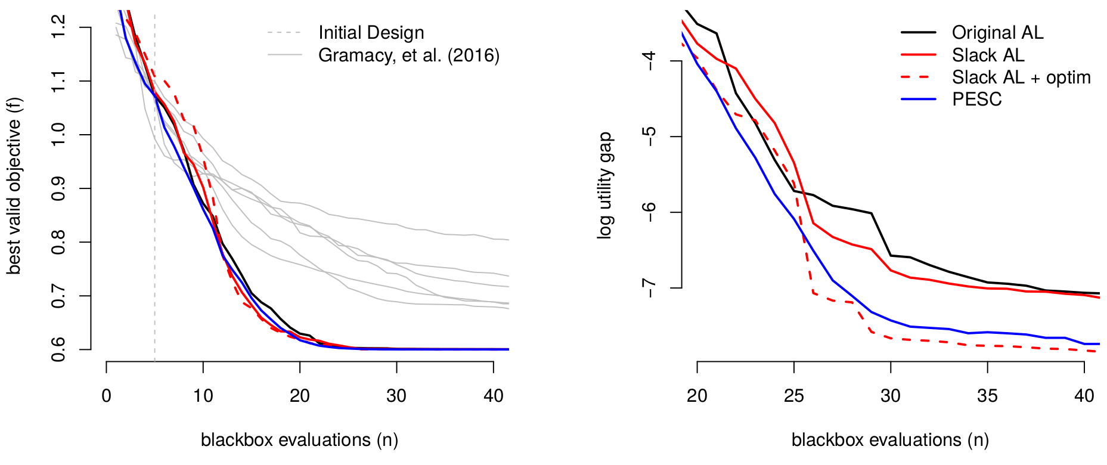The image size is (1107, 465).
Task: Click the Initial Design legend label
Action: (x=371, y=33)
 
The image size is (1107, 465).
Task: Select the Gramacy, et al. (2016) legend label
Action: (x=409, y=55)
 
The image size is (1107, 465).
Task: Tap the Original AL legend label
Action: (x=997, y=33)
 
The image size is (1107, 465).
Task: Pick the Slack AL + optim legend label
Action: (x=1021, y=77)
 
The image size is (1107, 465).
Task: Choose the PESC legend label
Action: (x=976, y=100)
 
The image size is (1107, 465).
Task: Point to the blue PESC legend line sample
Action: (x=919, y=100)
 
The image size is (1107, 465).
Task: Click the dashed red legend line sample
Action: (x=919, y=77)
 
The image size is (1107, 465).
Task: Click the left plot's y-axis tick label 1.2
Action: (x=58, y=27)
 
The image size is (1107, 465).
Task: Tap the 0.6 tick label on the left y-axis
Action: (x=58, y=349)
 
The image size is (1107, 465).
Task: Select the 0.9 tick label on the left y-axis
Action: (x=58, y=188)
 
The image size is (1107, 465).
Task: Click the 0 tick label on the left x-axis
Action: (x=106, y=396)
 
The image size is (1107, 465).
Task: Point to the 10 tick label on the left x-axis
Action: (x=203, y=396)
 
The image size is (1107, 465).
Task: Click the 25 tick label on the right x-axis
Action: (x=794, y=396)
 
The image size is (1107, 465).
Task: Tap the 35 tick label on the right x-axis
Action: (x=987, y=396)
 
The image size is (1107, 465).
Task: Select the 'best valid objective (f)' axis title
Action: (x=14, y=185)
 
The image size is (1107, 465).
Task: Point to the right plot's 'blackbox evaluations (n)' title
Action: (x=890, y=440)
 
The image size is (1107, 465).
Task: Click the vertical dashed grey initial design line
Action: (x=154, y=188)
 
